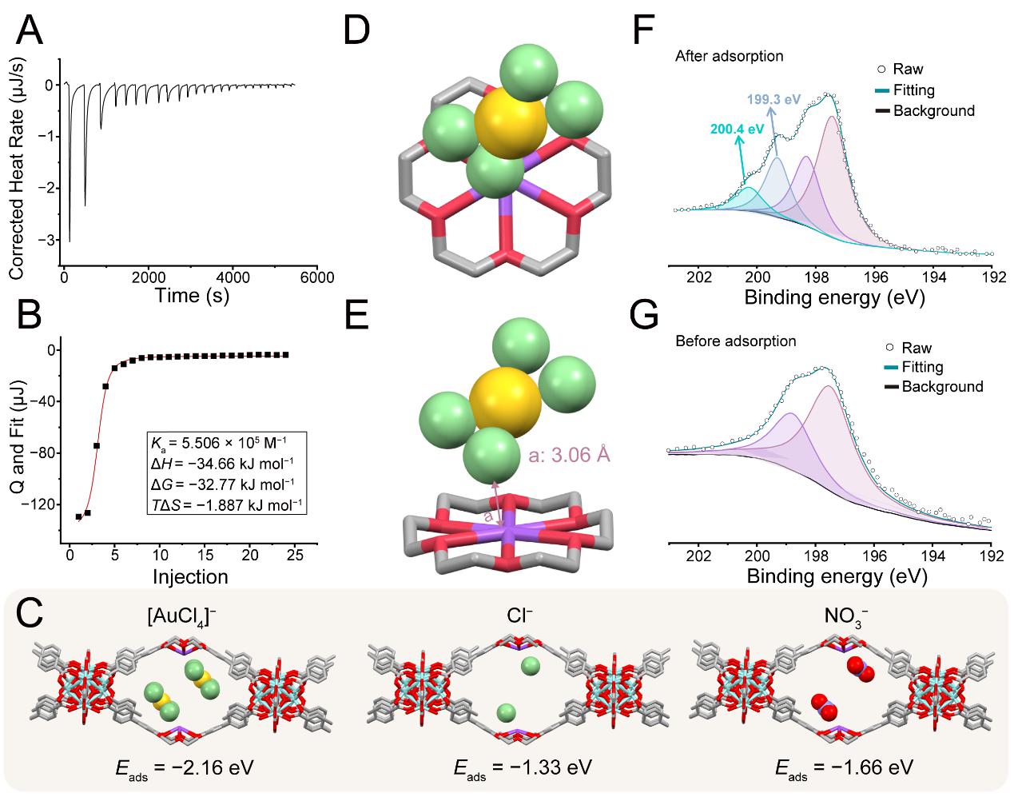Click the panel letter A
tap(30, 30)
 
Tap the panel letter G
tap(644, 316)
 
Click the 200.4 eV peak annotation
tap(737, 129)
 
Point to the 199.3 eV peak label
tap(773, 99)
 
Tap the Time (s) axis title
tap(192, 296)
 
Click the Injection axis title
tap(190, 576)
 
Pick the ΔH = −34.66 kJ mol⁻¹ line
tap(222, 464)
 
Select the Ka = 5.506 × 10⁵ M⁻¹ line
tap(219, 444)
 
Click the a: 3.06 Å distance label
tap(569, 455)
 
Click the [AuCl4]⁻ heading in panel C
tap(182, 617)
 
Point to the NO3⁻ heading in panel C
tap(846, 618)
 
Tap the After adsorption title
tap(729, 56)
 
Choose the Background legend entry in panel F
tap(925, 111)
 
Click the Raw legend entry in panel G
tap(909, 348)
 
